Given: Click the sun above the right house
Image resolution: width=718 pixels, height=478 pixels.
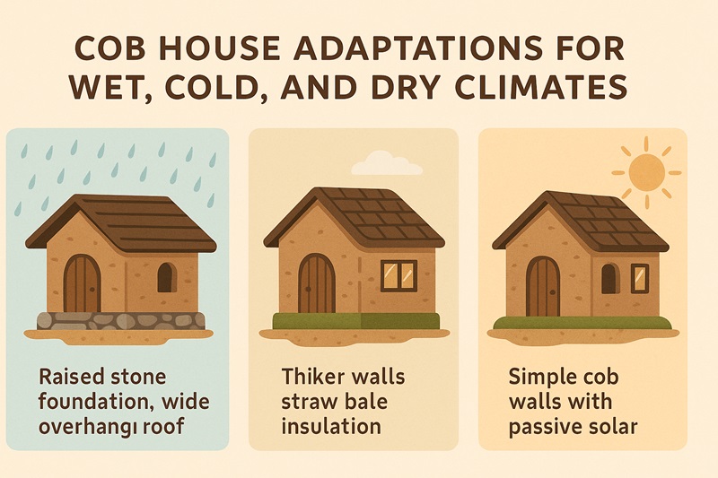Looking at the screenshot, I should pyautogui.click(x=644, y=170).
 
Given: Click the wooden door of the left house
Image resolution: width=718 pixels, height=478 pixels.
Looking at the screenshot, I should pyautogui.click(x=83, y=283).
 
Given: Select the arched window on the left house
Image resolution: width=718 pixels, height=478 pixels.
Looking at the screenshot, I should pyautogui.click(x=166, y=278).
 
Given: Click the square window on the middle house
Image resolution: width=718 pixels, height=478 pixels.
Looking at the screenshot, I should pyautogui.click(x=398, y=275).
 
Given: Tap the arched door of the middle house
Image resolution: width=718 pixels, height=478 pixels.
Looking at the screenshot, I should pyautogui.click(x=315, y=283).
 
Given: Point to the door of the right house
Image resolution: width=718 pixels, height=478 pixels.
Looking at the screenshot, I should pyautogui.click(x=543, y=287).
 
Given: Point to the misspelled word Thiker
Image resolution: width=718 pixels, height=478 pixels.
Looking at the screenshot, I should pyautogui.click(x=311, y=376).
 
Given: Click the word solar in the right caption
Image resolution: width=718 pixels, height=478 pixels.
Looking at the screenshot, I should pyautogui.click(x=610, y=426).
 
